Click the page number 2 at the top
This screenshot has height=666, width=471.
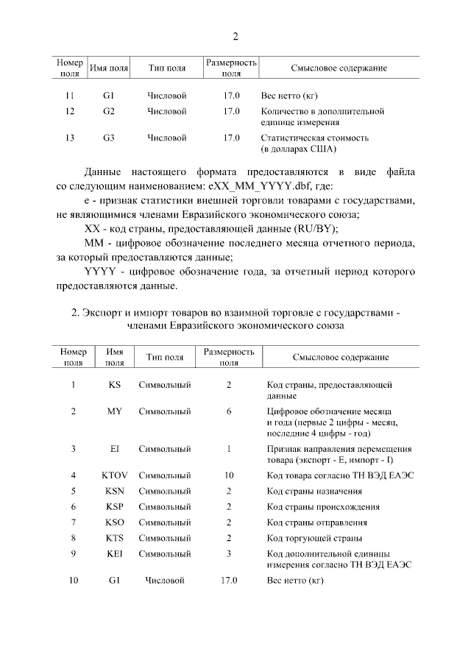235,37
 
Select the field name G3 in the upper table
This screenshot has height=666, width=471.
109,138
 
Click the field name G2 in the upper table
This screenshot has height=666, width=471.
109,111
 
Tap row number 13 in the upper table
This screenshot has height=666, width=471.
70,138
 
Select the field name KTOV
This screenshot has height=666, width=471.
115,475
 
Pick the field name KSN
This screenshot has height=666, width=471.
115,491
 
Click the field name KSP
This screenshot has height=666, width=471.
115,507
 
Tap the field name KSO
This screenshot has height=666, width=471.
115,522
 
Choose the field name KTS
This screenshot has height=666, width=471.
115,538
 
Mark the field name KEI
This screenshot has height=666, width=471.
115,553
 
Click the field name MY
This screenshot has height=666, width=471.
115,411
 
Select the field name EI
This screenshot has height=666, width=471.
115,448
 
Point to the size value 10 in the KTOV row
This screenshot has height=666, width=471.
229,475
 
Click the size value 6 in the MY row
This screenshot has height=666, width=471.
229,411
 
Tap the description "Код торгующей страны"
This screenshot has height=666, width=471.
313,538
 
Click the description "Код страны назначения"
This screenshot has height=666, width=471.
314,491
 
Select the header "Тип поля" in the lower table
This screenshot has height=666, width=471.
164,358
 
